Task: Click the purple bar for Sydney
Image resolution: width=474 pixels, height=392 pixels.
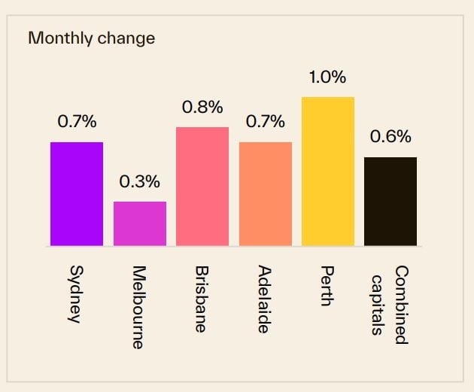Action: [x=77, y=193]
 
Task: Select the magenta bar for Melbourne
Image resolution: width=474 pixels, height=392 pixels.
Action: [x=139, y=223]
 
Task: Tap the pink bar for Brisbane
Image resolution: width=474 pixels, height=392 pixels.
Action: [x=202, y=186]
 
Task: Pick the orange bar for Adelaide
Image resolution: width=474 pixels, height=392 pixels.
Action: [x=265, y=193]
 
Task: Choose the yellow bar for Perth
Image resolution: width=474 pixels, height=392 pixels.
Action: [x=327, y=171]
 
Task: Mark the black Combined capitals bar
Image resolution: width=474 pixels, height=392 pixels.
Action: [x=390, y=201]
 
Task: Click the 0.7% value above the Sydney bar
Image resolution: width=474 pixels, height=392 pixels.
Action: [x=77, y=122]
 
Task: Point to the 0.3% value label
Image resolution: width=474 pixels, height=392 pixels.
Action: [x=139, y=181]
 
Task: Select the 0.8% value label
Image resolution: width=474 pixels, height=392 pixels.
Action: [x=202, y=107]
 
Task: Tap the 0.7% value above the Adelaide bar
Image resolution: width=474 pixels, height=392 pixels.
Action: [x=265, y=122]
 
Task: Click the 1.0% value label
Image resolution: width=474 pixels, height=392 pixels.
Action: [x=327, y=77]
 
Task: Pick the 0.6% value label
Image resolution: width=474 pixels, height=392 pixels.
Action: [x=390, y=137]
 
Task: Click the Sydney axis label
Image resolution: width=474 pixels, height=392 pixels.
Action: [x=74, y=293]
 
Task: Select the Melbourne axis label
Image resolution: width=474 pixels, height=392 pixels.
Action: [x=138, y=306]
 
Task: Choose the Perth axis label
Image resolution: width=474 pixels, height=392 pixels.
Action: [x=326, y=286]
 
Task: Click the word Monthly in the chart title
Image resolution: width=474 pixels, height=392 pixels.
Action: [x=60, y=38]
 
